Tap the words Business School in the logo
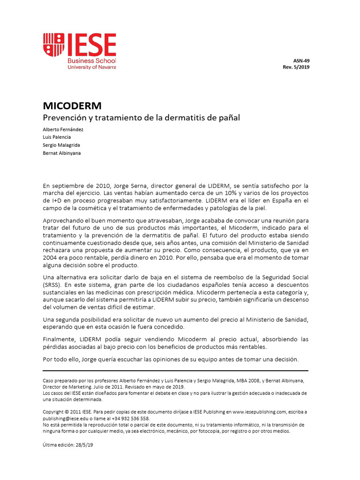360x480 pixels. click(92, 61)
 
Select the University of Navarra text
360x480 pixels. click(92, 67)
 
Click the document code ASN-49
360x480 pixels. click(301, 60)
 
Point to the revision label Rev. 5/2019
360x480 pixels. click(296, 67)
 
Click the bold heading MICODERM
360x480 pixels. click(72, 106)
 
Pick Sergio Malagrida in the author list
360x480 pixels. click(62, 145)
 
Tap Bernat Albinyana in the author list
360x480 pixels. click(61, 153)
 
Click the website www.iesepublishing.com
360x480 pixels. click(259, 412)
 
